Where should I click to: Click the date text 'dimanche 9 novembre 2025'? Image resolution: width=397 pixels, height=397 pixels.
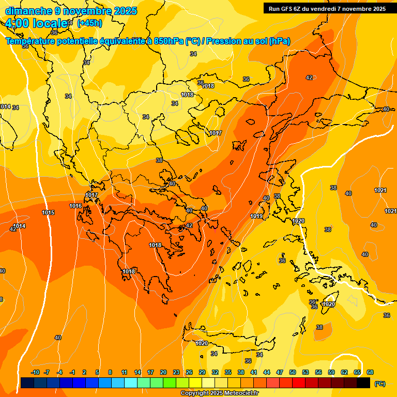(x=71, y=11)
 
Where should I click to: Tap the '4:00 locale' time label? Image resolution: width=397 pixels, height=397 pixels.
(x=37, y=23)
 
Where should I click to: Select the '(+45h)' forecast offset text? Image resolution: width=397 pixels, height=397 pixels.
(x=89, y=23)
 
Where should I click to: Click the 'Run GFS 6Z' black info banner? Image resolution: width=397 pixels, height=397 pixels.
(x=327, y=9)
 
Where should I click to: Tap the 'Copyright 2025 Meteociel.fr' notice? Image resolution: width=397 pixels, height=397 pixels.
(x=220, y=393)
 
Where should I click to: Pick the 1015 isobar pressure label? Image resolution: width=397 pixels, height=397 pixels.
(x=49, y=213)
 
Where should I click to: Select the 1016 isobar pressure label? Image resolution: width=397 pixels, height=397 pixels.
(x=75, y=206)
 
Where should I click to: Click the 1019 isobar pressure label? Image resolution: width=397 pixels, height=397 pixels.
(x=256, y=217)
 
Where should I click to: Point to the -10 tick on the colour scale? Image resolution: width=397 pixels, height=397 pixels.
(x=35, y=373)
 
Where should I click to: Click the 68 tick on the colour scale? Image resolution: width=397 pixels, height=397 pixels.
(x=370, y=373)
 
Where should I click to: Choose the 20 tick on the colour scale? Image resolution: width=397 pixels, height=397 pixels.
(x=163, y=373)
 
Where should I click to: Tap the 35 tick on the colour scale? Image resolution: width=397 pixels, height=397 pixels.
(x=228, y=373)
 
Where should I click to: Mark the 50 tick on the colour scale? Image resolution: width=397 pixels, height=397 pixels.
(x=293, y=373)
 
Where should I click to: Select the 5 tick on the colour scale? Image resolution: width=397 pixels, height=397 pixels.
(x=98, y=373)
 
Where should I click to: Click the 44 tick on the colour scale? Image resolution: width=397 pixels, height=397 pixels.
(x=267, y=373)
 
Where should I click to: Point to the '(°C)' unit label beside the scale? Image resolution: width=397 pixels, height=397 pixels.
(x=379, y=384)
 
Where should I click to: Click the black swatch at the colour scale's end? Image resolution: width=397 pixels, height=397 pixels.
(x=363, y=383)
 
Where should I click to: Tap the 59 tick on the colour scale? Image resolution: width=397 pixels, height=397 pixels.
(x=331, y=373)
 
